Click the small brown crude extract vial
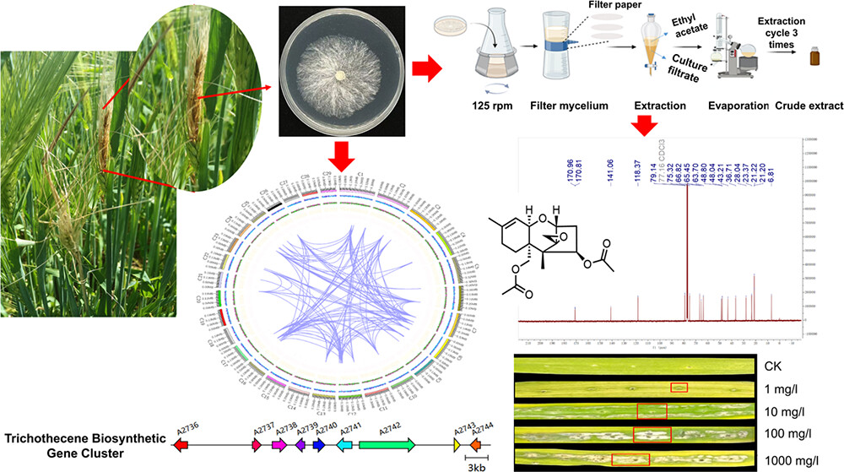pyautogui.click(x=814, y=62)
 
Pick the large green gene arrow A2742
pyautogui.click(x=387, y=444)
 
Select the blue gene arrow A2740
pyautogui.click(x=319, y=444)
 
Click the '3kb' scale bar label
pyautogui.click(x=474, y=464)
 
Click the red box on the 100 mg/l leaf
pyautogui.click(x=651, y=435)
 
